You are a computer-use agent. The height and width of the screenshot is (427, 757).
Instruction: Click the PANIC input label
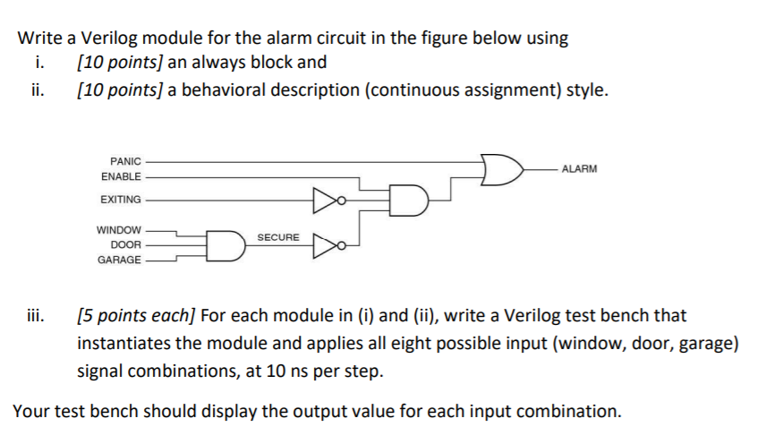pyautogui.click(x=125, y=161)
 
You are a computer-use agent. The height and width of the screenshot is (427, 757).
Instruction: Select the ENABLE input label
pyautogui.click(x=121, y=176)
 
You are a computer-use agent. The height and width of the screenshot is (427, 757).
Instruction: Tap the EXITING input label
pyautogui.click(x=121, y=199)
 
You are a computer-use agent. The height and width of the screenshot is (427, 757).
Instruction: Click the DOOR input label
pyautogui.click(x=125, y=243)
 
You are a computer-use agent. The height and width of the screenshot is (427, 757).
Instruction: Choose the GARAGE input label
pyautogui.click(x=120, y=259)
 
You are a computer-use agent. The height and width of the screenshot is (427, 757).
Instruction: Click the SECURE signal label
pyautogui.click(x=278, y=237)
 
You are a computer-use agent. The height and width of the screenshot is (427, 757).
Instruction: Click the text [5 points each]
pyautogui.click(x=137, y=315)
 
